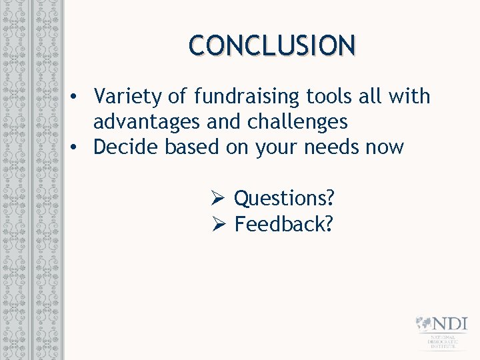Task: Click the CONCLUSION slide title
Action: [272, 45]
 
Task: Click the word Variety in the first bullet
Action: [128, 97]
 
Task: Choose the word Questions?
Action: [284, 198]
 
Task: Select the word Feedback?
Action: [283, 224]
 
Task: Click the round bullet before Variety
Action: [78, 97]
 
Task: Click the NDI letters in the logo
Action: [449, 324]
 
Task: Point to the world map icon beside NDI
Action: [423, 324]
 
